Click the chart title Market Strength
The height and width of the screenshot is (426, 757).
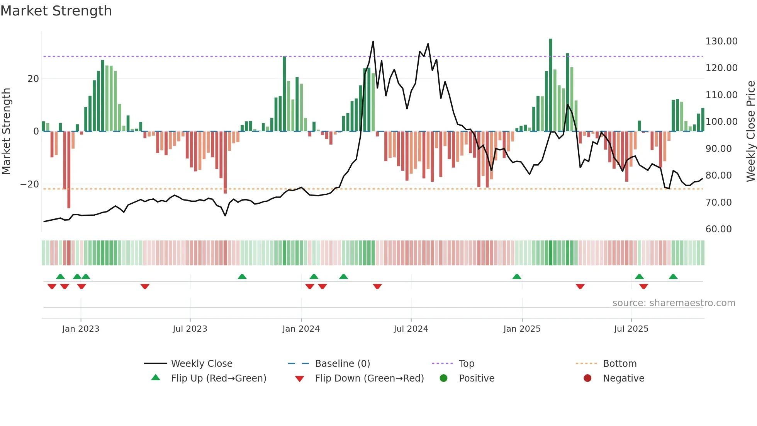pyautogui.click(x=56, y=11)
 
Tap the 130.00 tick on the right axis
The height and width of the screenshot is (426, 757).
pyautogui.click(x=721, y=41)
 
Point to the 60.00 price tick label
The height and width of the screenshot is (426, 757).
pyautogui.click(x=718, y=229)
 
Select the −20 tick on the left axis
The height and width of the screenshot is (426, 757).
pyautogui.click(x=30, y=184)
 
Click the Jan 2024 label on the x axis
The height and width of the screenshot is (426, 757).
pyautogui.click(x=301, y=329)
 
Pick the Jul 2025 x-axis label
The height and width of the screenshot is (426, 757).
pyautogui.click(x=631, y=329)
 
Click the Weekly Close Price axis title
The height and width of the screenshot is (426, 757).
pyautogui.click(x=750, y=131)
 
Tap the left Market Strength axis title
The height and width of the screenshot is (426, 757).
pyautogui.click(x=6, y=131)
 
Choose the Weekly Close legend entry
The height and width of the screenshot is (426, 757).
pyautogui.click(x=201, y=364)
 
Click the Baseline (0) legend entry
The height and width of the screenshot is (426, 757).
pyautogui.click(x=342, y=364)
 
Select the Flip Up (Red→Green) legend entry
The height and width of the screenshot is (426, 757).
pyautogui.click(x=218, y=378)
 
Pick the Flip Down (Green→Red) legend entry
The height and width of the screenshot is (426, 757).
pyautogui.click(x=369, y=378)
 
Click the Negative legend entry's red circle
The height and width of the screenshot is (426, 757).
pyautogui.click(x=587, y=378)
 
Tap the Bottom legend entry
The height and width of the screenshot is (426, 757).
pyautogui.click(x=620, y=364)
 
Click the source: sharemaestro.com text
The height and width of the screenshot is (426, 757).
pyautogui.click(x=674, y=303)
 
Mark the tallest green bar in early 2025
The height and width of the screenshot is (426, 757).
pyautogui.click(x=551, y=85)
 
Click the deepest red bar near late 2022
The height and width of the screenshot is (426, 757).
pyautogui.click(x=69, y=170)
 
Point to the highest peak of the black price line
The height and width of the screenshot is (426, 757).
pyautogui.click(x=373, y=42)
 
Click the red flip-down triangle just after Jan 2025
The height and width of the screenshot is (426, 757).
pyautogui.click(x=580, y=286)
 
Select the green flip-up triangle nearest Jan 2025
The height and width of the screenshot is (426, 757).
pyautogui.click(x=517, y=276)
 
